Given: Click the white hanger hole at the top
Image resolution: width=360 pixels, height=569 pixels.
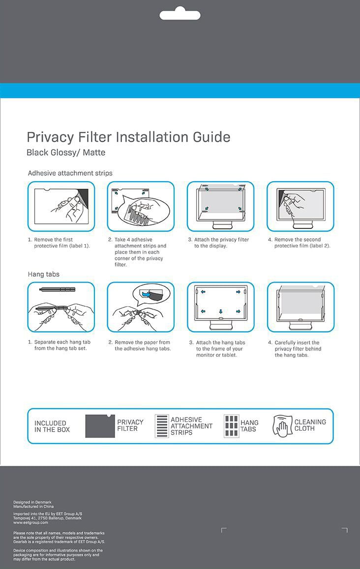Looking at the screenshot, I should pos(180,14).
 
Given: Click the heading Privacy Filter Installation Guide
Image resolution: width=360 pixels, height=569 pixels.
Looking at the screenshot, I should pos(128,137).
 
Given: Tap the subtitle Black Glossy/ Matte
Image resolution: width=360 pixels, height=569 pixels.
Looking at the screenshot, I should pos(66,153).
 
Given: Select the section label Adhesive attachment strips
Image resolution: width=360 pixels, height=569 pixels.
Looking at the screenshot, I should pos(70,173).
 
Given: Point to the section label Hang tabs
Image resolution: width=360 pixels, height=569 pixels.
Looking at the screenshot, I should pos(43,274).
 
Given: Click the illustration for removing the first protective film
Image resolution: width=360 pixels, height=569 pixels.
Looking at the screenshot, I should pos(61,206).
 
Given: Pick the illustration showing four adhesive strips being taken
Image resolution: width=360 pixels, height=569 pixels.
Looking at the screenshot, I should pos(141,206).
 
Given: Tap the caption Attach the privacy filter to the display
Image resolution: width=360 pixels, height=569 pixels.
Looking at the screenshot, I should pos(221,243).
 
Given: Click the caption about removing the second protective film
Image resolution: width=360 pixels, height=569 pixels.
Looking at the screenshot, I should pos(302,243).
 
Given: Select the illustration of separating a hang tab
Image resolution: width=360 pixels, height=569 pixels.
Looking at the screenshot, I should pos(61,307).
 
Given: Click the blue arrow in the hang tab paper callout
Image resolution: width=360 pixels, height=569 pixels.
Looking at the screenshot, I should pos(146,294).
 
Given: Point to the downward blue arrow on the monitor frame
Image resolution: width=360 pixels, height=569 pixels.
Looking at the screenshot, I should pos(221,311).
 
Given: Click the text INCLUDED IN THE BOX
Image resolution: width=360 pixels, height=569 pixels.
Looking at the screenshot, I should pos(52,426).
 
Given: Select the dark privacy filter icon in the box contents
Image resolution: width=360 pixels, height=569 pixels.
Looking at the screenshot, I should pos(100,426).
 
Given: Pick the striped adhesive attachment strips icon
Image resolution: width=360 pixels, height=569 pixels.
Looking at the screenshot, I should pos(162,426).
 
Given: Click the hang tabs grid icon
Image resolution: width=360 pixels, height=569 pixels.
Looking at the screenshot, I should pos(231,426).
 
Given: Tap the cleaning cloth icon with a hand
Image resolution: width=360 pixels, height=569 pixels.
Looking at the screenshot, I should pos(283,426).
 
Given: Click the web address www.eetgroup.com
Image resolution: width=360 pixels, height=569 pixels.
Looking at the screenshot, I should pos(30,523).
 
